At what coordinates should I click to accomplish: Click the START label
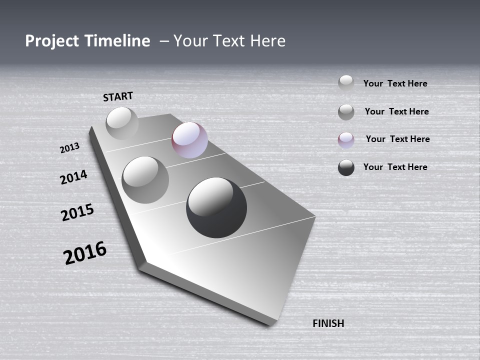[x=118, y=96]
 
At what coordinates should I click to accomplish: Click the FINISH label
[x=328, y=323]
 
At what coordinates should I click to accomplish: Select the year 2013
[x=69, y=148]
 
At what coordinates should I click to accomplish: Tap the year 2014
[x=73, y=177]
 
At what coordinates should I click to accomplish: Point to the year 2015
[x=77, y=212]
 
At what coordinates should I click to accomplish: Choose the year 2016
[x=85, y=253]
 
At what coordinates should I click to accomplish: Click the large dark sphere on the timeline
[x=216, y=207]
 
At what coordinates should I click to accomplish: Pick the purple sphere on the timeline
[x=189, y=140]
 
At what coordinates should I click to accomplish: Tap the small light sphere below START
[x=122, y=123]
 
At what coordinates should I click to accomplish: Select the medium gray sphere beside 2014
[x=145, y=179]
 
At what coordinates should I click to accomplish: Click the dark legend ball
[x=346, y=167]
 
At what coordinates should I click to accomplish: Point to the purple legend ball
[x=346, y=140]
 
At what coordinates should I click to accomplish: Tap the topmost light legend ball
[x=346, y=83]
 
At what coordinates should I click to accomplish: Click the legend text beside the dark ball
[x=395, y=167]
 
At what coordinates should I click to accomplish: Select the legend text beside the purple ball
[x=397, y=139]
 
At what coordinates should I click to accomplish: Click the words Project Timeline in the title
[x=87, y=41]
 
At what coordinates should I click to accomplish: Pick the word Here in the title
[x=268, y=41]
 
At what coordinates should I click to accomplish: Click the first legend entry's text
[x=395, y=83]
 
